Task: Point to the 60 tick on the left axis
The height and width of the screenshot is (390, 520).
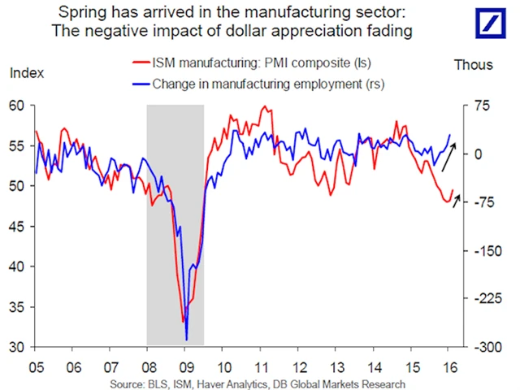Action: (x=16, y=105)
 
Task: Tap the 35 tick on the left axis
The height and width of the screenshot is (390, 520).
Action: (x=16, y=307)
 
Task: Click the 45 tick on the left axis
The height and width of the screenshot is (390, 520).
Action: (x=16, y=226)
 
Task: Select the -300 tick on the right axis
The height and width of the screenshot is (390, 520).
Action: (x=479, y=347)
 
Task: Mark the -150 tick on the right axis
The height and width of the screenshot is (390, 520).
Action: (x=479, y=250)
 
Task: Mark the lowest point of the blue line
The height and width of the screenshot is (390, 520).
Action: (x=186, y=340)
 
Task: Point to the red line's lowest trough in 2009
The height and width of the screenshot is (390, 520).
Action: (x=183, y=323)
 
